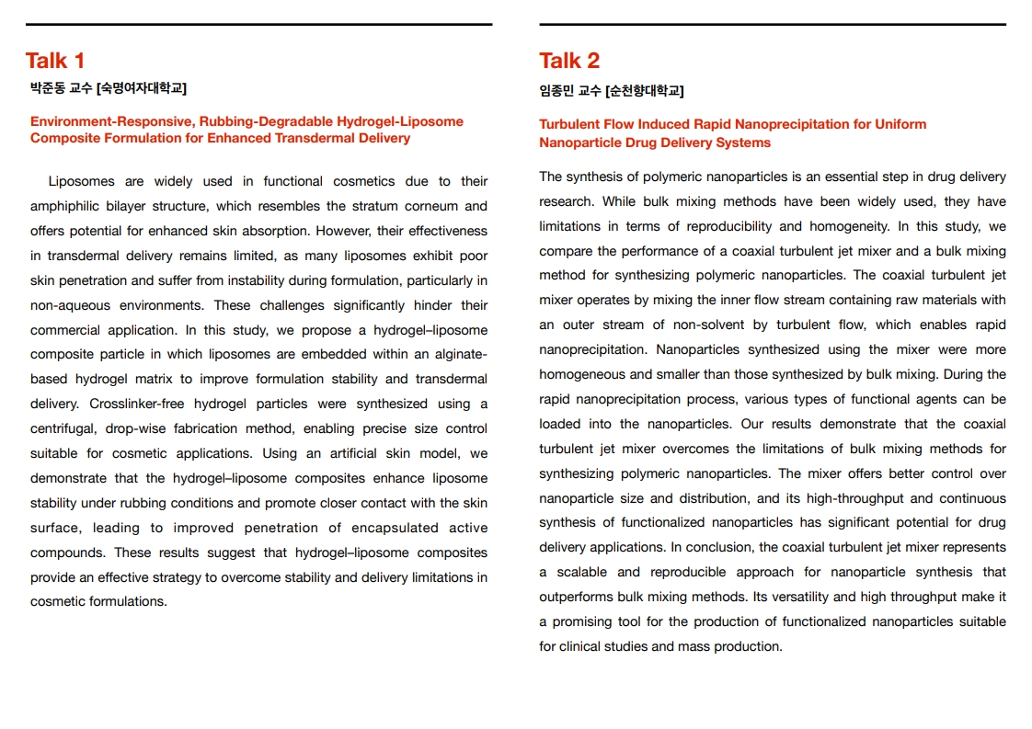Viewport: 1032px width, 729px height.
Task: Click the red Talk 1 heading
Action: click(x=55, y=61)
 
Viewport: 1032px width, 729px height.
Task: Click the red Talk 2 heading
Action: click(x=569, y=61)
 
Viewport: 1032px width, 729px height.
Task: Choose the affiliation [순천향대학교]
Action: click(x=645, y=90)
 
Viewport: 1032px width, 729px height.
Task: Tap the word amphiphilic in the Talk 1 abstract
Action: click(x=66, y=206)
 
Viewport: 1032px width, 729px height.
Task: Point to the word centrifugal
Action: click(x=65, y=428)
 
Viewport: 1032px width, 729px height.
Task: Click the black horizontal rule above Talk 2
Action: click(x=773, y=25)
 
